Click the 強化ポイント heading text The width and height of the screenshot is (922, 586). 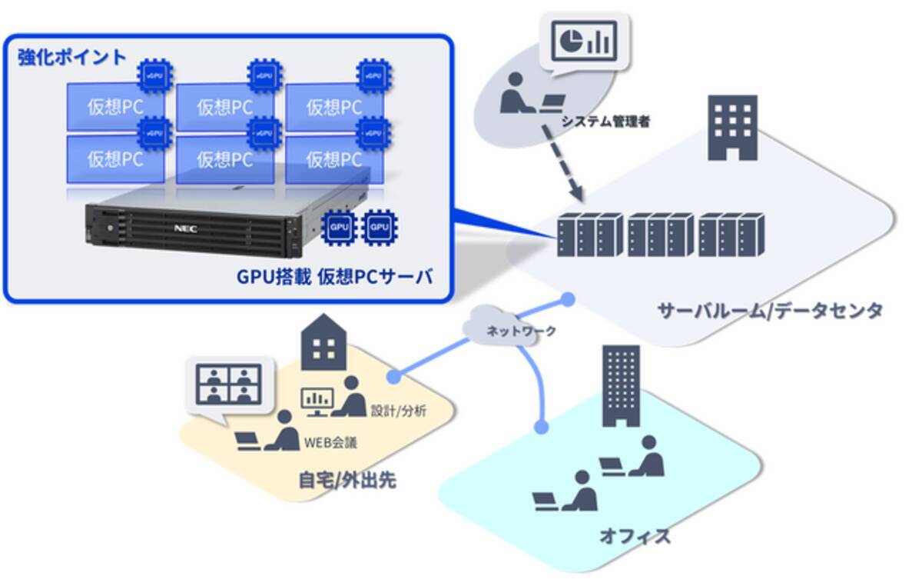pyautogui.click(x=72, y=58)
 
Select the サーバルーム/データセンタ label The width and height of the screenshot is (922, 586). pyautogui.click(x=769, y=311)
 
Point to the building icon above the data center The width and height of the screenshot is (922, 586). pyautogui.click(x=731, y=127)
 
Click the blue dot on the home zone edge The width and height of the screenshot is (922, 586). pyautogui.click(x=395, y=377)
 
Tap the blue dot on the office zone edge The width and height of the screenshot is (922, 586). pyautogui.click(x=542, y=426)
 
